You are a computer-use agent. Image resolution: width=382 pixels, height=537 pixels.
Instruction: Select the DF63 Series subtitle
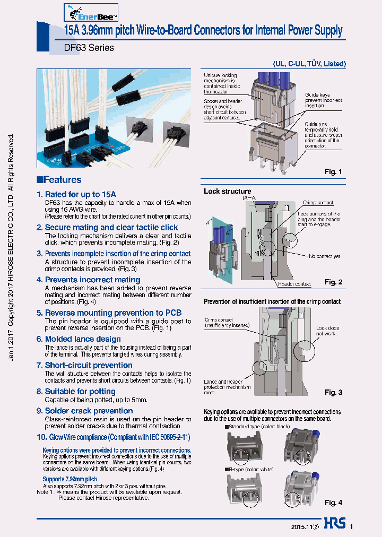pos(82,47)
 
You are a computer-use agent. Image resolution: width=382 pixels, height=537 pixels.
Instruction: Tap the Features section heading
pos(59,180)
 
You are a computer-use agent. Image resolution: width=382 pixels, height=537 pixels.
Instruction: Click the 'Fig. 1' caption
pos(333,172)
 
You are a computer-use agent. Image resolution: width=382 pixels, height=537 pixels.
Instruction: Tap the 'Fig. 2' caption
pos(333,282)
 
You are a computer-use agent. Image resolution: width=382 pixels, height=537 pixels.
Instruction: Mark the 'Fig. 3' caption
pos(333,392)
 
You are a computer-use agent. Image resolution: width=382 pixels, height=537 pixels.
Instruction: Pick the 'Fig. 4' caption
pos(333,503)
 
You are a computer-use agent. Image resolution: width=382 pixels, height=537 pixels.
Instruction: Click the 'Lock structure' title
pos(228,191)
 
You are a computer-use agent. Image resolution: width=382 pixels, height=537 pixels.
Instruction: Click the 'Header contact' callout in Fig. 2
pos(294,284)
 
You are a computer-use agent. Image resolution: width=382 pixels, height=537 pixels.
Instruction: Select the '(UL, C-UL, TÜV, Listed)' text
pos(309,64)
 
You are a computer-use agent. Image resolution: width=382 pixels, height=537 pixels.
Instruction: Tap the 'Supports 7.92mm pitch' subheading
pos(70,479)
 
